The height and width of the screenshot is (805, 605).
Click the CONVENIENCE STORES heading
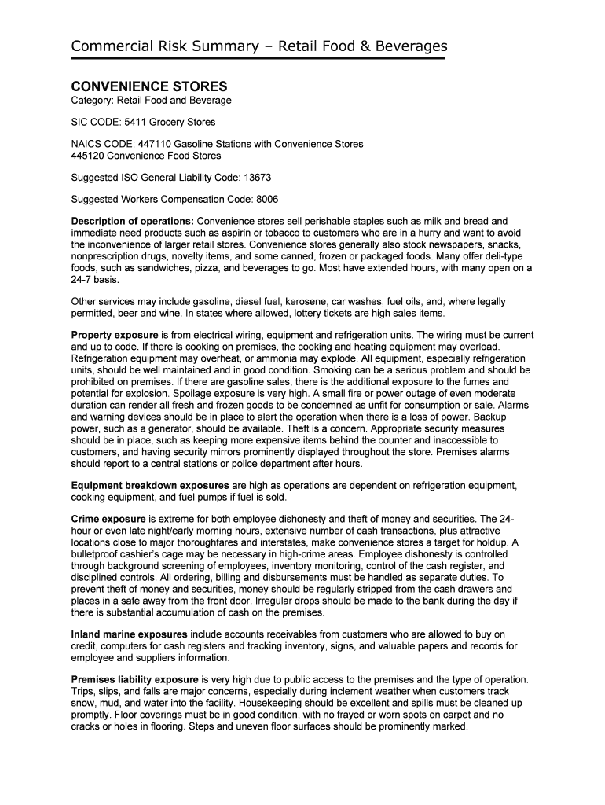(149, 86)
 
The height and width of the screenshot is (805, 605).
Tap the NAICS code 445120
(88, 155)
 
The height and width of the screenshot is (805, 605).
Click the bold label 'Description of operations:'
(132, 222)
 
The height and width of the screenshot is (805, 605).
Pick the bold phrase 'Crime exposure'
(108, 520)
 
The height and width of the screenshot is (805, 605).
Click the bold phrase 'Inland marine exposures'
(129, 634)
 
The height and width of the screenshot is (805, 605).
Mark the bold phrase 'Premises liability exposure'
(134, 679)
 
